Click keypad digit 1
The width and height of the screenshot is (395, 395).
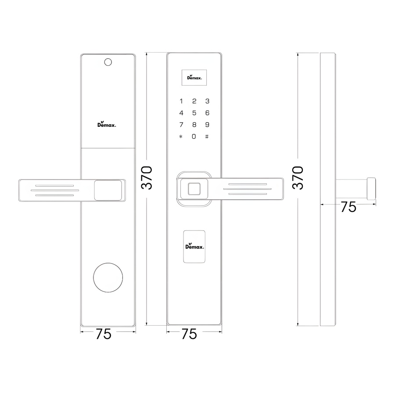[x=181, y=101]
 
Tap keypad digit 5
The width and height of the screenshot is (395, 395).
[x=194, y=113]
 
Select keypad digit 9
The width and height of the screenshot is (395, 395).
[x=207, y=125]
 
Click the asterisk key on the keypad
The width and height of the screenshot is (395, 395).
[x=181, y=136]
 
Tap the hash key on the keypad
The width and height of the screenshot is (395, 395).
[x=207, y=136]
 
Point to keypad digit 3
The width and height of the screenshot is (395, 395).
[x=207, y=101]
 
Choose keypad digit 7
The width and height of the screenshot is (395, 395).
[x=181, y=125]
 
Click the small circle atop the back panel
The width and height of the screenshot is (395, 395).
[x=108, y=62]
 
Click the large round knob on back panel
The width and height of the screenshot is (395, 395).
[x=108, y=278]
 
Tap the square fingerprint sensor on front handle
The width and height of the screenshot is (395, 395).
[x=194, y=189]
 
